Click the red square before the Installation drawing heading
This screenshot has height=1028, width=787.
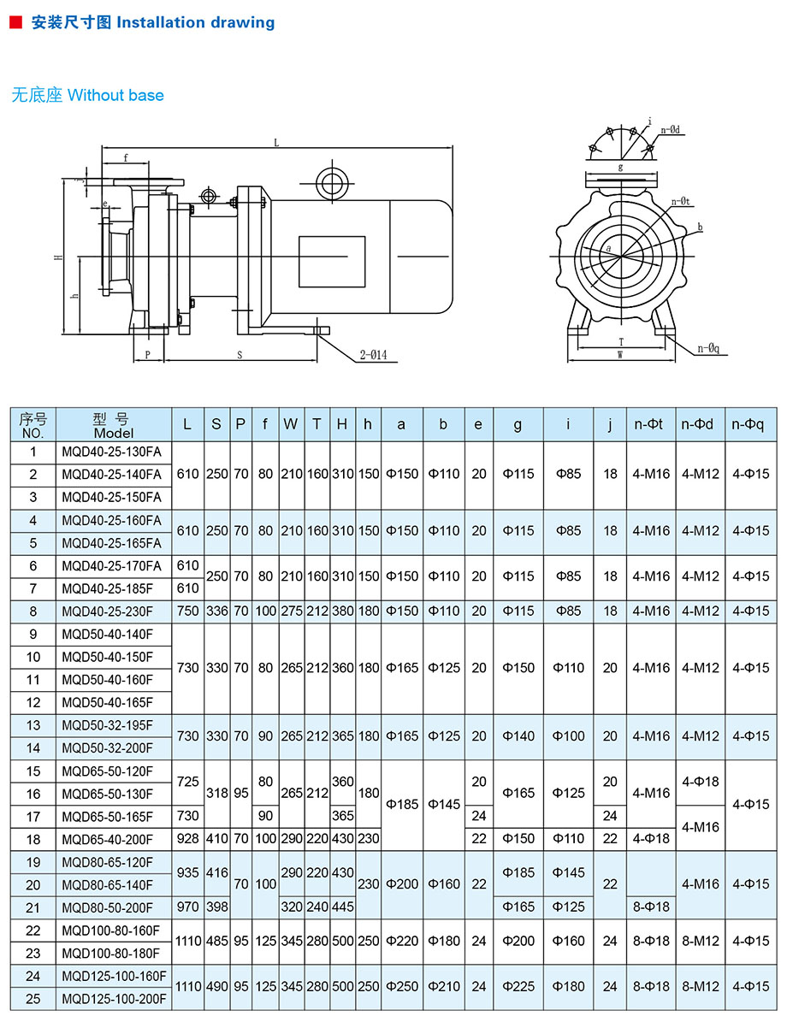coord(15,23)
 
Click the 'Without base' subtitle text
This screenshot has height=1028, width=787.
coord(115,95)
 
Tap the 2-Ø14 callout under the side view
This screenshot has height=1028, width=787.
coord(379,355)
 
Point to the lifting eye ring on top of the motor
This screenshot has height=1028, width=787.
coord(330,182)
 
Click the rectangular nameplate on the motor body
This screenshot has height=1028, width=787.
coord(331,262)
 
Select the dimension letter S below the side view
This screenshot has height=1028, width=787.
coord(240,353)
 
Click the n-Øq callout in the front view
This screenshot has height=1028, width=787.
coord(708,348)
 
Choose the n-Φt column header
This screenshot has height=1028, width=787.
coord(651,423)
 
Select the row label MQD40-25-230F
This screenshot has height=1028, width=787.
coord(107,611)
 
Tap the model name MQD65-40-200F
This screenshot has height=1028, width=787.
coord(107,839)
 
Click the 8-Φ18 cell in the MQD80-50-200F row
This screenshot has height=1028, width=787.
coord(651,907)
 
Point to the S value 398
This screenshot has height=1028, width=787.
coord(216,907)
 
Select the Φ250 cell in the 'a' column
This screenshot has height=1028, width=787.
coord(401,986)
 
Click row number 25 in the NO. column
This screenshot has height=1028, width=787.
coord(33,998)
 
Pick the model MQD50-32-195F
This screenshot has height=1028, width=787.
coord(107,725)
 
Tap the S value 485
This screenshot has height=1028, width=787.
coord(216,941)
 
